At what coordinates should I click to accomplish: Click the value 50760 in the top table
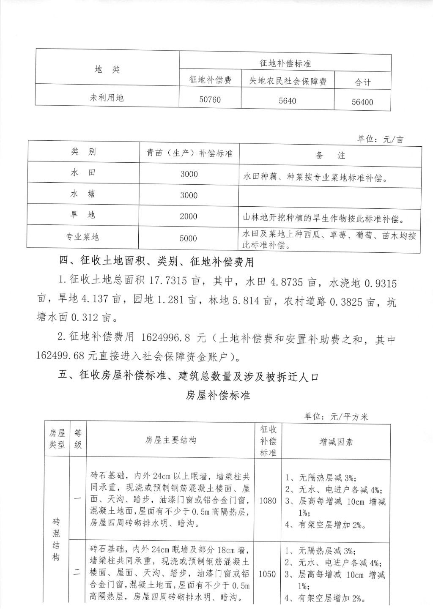tap(210, 100)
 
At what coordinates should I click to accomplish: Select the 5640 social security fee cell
tap(288, 101)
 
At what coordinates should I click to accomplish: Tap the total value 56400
tap(362, 102)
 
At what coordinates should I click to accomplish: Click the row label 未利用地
tap(107, 98)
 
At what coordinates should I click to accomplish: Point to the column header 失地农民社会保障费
tap(288, 81)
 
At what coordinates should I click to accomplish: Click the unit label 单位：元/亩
tap(380, 139)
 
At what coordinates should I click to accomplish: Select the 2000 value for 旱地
tap(189, 216)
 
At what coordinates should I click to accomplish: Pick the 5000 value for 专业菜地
tap(189, 238)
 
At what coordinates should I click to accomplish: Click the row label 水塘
tap(83, 194)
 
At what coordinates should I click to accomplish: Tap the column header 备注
tap(330, 156)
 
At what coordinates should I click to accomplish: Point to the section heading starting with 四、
tap(156, 262)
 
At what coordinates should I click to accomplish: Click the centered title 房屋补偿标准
tap(218, 395)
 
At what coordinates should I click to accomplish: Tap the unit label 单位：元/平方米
tap(336, 416)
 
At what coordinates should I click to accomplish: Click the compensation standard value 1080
tap(268, 501)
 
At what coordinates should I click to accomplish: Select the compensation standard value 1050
tap(267, 574)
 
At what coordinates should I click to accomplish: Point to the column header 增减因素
tap(336, 442)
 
